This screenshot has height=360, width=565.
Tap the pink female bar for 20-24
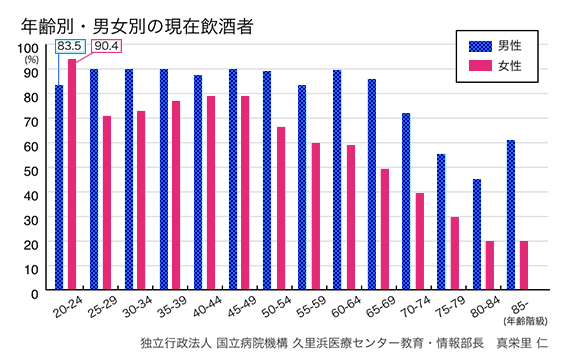[72, 176]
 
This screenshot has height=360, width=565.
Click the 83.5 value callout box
[70, 46]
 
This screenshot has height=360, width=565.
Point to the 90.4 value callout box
[105, 46]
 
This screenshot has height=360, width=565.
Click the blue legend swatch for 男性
[484, 47]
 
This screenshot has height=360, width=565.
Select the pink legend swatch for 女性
[484, 67]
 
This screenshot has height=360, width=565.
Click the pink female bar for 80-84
[490, 266]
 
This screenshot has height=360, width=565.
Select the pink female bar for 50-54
[281, 209]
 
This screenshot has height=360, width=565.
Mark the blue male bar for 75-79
[441, 223]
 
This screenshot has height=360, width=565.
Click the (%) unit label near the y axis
[30, 60]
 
